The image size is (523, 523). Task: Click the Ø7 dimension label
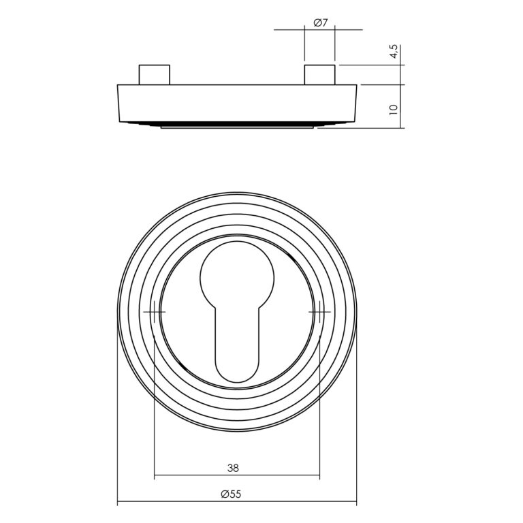coord(321,23)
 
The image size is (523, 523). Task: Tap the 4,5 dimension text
coord(394,51)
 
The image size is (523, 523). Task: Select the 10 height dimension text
coord(394,110)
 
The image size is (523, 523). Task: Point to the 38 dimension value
coord(233,469)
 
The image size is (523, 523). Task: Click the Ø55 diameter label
coord(231,494)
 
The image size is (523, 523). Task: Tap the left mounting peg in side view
coord(155,75)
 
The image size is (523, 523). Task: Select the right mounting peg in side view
coord(319,75)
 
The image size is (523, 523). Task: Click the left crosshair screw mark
coord(155,312)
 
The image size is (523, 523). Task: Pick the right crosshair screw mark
coord(319,312)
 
